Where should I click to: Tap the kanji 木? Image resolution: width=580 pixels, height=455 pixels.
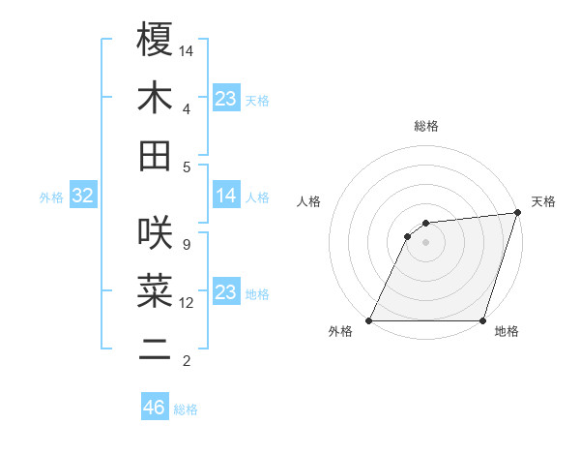[x=155, y=98]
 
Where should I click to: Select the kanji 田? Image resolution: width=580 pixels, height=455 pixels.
[x=155, y=156]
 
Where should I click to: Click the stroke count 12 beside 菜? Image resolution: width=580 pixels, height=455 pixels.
[x=188, y=303]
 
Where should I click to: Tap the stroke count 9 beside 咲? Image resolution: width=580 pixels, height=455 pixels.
[x=186, y=244]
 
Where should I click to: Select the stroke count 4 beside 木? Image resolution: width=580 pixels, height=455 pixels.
[x=186, y=108]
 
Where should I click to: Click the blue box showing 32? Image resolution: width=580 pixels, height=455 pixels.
[x=82, y=197]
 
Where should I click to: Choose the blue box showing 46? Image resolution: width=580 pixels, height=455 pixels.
[x=155, y=408]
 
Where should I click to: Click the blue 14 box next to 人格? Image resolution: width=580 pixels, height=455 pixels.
[x=226, y=197]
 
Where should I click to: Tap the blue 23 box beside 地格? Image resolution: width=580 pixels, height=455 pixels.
[x=226, y=292]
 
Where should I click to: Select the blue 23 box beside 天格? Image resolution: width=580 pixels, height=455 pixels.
[x=226, y=99]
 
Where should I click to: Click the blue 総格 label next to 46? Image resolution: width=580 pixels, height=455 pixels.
[x=186, y=409]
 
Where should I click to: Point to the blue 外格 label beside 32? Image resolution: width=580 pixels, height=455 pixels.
[x=51, y=197]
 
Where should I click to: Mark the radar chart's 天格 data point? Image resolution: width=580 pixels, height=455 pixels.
[x=517, y=213]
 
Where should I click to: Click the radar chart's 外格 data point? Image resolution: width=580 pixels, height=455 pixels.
[x=369, y=320]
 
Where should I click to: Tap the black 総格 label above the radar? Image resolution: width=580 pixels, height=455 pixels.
[x=425, y=126]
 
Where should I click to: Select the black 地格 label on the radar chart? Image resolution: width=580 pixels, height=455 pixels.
[x=507, y=332]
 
